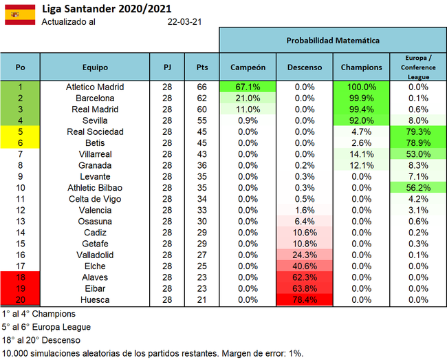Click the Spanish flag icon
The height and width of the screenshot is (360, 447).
20,14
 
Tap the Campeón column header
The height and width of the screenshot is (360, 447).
248,67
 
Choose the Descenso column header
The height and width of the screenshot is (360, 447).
304,67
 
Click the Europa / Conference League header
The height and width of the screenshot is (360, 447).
418,67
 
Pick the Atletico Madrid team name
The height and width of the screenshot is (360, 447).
95,87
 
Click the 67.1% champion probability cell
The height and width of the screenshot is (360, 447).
248,87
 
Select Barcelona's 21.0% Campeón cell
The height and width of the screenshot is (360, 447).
248,98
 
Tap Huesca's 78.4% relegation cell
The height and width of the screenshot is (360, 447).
304,299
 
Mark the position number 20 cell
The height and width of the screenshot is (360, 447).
21,299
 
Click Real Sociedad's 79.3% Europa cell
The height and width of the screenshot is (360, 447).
418,132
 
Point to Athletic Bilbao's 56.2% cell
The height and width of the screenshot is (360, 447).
418,188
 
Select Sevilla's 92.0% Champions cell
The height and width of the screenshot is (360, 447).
361,120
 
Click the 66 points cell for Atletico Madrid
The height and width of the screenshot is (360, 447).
202,87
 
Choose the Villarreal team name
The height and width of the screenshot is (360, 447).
95,154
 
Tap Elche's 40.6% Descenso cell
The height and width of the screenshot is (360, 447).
304,266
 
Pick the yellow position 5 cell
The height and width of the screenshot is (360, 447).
21,132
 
